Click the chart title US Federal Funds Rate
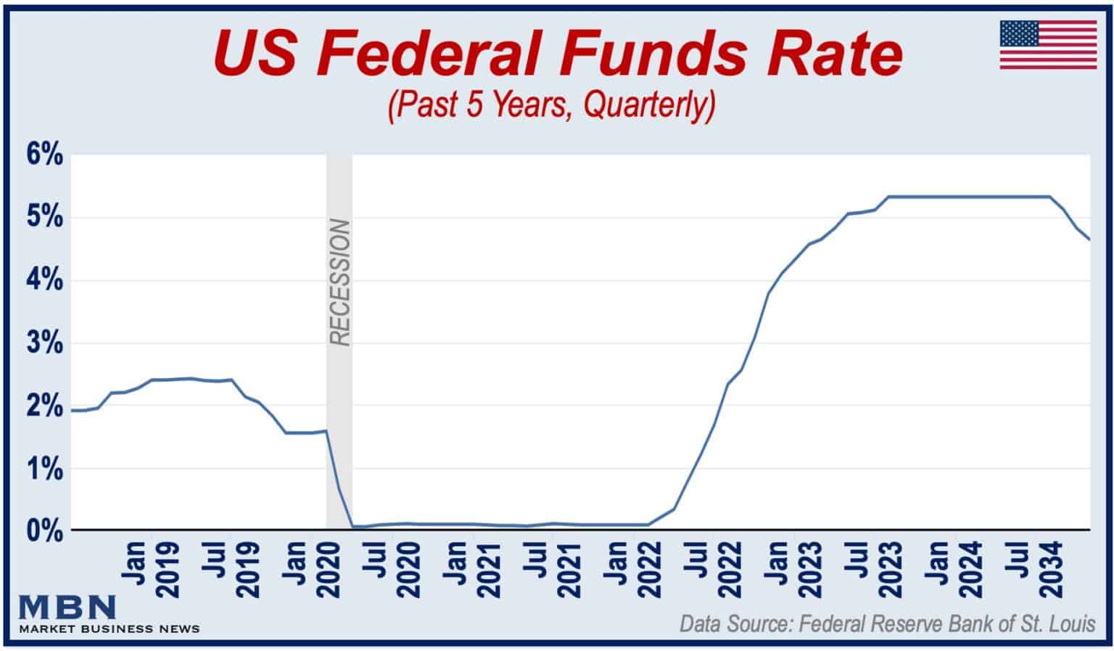pos(557,54)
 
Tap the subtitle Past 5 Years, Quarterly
pos(552,105)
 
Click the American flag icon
pos(1048,45)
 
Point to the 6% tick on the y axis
pos(44,156)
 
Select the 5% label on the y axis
pos(44,218)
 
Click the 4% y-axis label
pos(44,281)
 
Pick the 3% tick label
pos(44,343)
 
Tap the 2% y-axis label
pos(44,406)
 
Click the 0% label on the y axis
pos(44,531)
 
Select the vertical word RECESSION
pos(339,282)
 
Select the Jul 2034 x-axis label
pos(1036,569)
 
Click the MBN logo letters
pos(67,607)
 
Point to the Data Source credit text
pos(887,624)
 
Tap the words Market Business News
pos(109,629)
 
